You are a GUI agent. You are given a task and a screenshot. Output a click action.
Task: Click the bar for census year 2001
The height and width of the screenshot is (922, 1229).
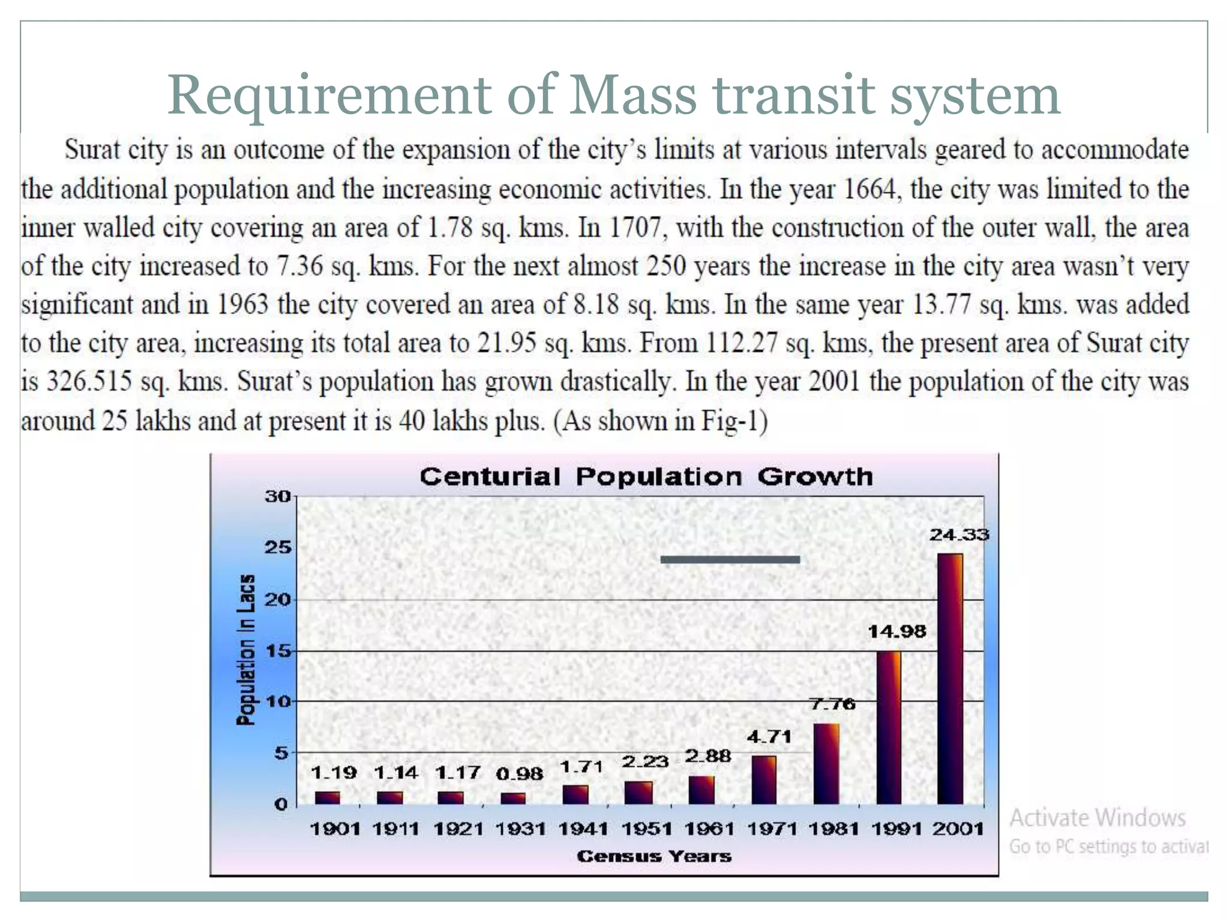pos(950,678)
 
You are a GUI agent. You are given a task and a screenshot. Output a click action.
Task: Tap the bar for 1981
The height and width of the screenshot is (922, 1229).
pos(826,764)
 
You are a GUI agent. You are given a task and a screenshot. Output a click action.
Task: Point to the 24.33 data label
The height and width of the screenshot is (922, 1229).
pos(959,534)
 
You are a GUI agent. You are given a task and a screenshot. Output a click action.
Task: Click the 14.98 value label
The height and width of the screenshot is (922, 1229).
pos(897,631)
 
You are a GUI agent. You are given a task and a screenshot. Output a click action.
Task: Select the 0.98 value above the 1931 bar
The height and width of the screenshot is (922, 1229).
pos(519,774)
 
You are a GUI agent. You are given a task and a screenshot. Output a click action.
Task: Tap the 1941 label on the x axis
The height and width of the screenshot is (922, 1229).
pos(583,829)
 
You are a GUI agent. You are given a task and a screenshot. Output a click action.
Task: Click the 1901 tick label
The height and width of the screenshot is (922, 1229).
pos(335,829)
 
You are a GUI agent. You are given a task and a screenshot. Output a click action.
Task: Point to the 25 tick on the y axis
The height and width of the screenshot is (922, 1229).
pos(278,547)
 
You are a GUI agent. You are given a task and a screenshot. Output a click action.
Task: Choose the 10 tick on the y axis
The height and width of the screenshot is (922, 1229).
pos(278,701)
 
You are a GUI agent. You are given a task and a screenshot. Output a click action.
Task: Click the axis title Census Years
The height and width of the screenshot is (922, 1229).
pos(654,856)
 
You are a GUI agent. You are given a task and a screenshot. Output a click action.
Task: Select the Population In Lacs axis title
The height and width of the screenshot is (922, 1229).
pos(245,649)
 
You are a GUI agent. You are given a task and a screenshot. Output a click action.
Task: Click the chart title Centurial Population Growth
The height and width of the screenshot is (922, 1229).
pos(646,477)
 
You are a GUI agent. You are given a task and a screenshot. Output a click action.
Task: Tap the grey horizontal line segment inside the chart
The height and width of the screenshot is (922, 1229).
pos(730,559)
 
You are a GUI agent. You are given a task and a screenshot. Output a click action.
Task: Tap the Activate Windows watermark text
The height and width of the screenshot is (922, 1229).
pos(1097,818)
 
